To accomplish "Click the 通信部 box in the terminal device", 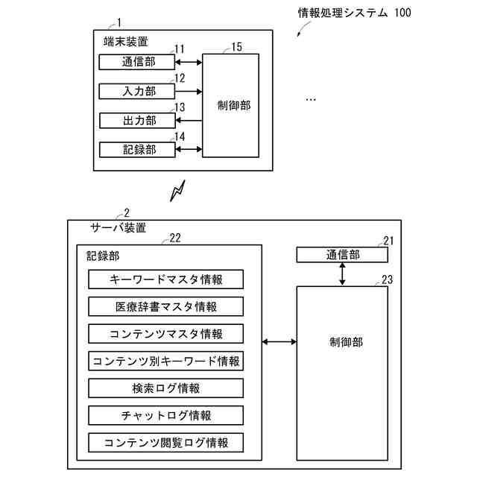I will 138,62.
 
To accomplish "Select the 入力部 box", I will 138,91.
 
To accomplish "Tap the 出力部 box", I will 138,120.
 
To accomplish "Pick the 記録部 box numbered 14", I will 138,149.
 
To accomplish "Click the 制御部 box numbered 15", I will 230,105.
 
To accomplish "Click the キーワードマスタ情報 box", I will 165,279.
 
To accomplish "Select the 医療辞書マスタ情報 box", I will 165,306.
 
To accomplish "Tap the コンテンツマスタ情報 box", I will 165,333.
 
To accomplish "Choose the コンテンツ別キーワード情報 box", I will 165,361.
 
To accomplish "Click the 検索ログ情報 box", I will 165,388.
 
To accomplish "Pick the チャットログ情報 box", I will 165,414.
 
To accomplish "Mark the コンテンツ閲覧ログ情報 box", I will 165,442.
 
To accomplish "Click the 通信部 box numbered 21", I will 342,255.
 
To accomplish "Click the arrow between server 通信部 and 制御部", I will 342,274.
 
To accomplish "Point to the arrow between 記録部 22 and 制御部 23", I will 279,342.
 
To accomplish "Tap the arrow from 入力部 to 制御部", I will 189,91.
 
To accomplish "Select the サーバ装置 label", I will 118,227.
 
